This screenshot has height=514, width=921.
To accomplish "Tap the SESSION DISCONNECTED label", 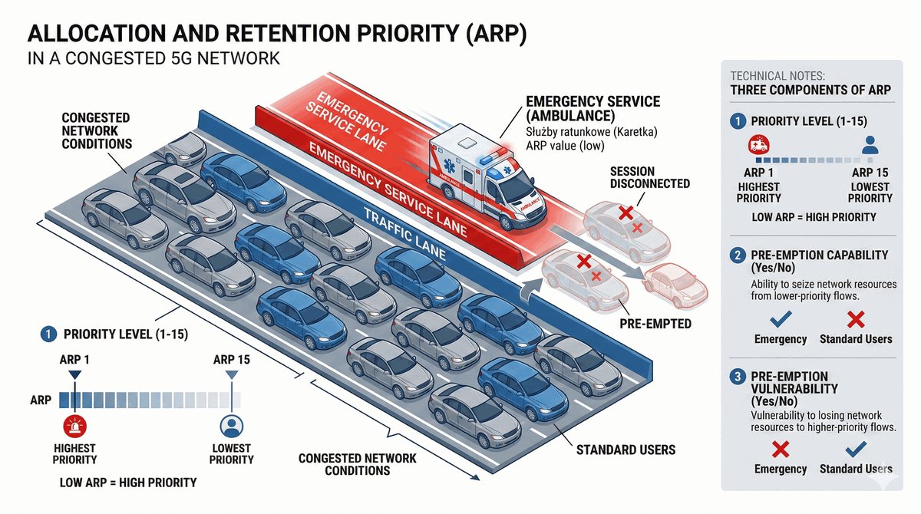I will pyautogui.click(x=650, y=177).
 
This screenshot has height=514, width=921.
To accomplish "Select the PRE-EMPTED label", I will pyautogui.click(x=655, y=324).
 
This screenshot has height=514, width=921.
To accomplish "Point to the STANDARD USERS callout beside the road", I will pyautogui.click(x=626, y=450).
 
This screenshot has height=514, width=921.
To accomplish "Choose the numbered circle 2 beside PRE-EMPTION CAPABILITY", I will pyautogui.click(x=738, y=255).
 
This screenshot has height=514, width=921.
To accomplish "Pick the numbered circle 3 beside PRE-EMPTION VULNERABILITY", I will pyautogui.click(x=738, y=377).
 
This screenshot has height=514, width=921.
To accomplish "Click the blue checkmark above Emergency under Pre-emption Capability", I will pyautogui.click(x=781, y=318).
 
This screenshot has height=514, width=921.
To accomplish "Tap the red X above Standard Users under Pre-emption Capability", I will pyautogui.click(x=856, y=318).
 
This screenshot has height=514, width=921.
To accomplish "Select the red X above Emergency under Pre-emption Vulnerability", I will pyautogui.click(x=781, y=449).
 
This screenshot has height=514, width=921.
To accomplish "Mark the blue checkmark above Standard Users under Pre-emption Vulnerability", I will pyautogui.click(x=856, y=449).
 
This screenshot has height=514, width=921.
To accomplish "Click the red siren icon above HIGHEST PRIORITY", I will pyautogui.click(x=74, y=426).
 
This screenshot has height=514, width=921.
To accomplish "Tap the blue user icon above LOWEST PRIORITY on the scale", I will pyautogui.click(x=231, y=426).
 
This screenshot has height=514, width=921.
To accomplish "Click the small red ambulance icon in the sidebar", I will pyautogui.click(x=758, y=146).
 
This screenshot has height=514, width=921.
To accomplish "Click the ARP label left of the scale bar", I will pyautogui.click(x=40, y=400).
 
